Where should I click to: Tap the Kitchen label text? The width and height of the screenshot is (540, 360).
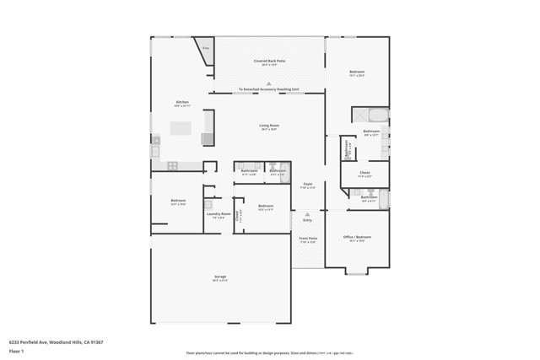coord(182,104)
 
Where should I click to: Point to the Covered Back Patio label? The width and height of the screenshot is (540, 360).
coord(269,62)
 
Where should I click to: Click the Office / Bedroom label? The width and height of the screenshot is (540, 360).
coord(357,239)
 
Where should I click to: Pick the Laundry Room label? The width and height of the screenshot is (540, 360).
coord(219,215)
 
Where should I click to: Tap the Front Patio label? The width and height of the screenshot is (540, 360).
coord(308,239)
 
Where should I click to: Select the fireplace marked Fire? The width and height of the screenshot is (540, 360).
coord(205,49)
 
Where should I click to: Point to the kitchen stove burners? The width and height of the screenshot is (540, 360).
coord(172,165)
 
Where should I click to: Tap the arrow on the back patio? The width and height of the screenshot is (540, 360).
coord(269,83)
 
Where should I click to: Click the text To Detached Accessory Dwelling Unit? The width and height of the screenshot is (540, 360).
coord(269,89)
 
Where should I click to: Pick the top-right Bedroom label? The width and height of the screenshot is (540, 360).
coord(357,73)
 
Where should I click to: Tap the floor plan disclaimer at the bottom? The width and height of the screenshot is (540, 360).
coord(270,353)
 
